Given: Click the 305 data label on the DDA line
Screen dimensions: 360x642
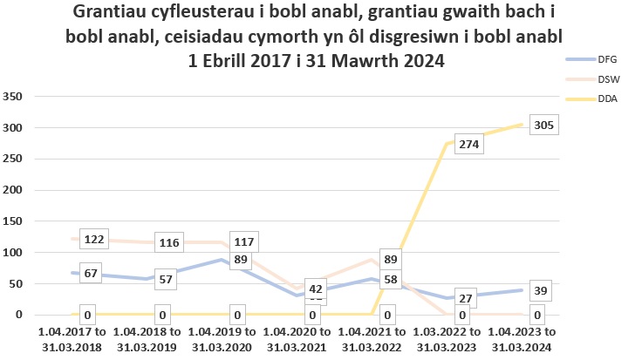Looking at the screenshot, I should click(x=543, y=126).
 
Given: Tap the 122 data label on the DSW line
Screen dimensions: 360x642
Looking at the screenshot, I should click(x=94, y=239).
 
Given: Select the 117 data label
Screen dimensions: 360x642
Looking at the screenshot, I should click(x=245, y=241).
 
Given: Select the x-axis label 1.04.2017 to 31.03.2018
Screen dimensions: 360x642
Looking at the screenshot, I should click(x=72, y=339).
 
